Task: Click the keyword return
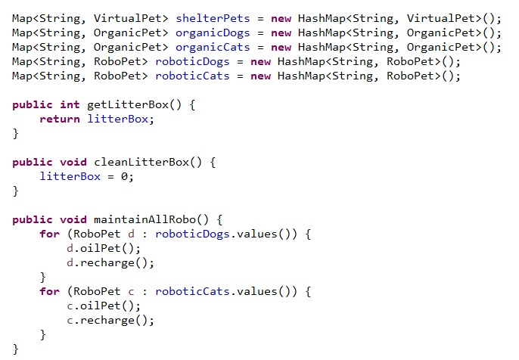[x=61, y=119]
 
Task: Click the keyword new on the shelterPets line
[x=281, y=18]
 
